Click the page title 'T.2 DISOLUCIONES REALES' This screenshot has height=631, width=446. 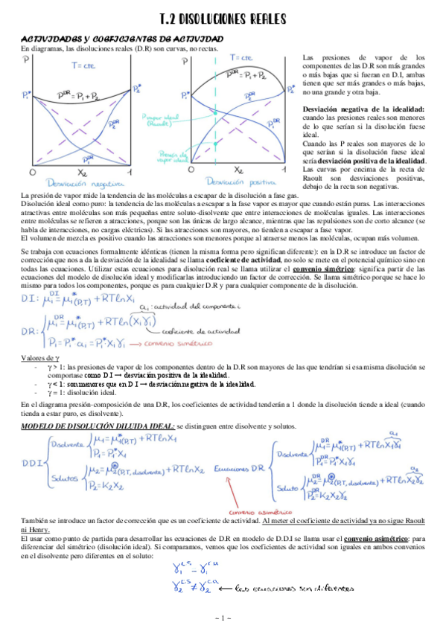click(x=223, y=20)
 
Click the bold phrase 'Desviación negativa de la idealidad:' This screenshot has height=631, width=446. click(x=363, y=109)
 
